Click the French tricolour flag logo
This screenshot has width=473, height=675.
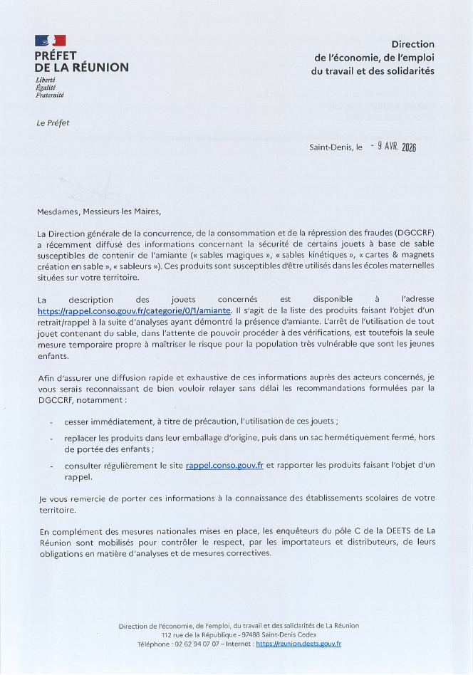click(50, 41)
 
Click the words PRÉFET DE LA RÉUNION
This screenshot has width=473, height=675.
click(81, 61)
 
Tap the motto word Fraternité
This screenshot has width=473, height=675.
click(50, 95)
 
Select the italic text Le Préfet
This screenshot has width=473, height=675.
click(53, 122)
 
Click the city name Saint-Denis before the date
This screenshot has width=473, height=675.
click(331, 147)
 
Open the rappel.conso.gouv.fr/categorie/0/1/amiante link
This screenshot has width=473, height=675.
click(134, 311)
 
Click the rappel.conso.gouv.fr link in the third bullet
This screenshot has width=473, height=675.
click(224, 465)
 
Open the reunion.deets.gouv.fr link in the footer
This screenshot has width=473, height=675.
click(298, 644)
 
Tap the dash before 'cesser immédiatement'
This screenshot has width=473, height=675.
click(52, 422)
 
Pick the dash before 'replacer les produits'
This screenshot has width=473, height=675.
click(52, 439)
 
